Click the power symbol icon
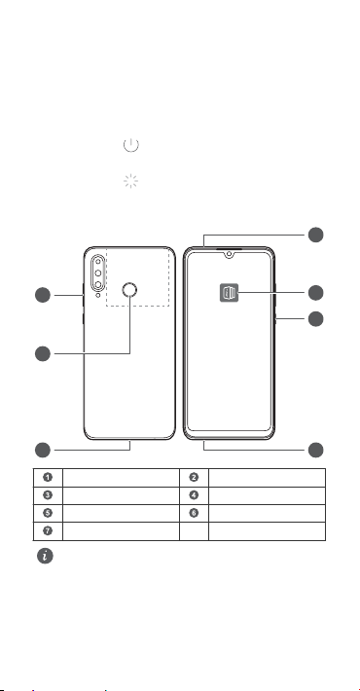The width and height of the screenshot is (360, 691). pos(131,145)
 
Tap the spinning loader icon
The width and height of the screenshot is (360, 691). pos(131,181)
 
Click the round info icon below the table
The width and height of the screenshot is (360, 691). pos(45,556)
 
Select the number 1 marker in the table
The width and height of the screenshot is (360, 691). pos(48,477)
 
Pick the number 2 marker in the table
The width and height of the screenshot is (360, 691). pos(194,477)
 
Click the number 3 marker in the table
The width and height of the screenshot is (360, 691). pos(48,495)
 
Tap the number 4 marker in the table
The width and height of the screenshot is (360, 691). pos(194,495)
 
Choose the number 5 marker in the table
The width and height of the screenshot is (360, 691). pos(48,513)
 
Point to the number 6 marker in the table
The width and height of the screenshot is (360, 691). pos(194,513)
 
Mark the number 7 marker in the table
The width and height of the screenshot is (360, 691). pos(48,530)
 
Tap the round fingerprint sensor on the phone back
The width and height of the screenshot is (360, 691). pos(129,289)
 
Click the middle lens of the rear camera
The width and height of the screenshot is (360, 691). pos(98,273)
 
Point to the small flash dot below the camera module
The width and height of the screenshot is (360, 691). pos(98,295)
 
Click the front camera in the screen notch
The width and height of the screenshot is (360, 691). pos(229,254)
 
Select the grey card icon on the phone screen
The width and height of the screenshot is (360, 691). pos(229,293)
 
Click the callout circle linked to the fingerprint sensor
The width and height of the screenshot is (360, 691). pos(43,353)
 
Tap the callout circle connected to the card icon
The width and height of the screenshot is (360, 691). pos(315,293)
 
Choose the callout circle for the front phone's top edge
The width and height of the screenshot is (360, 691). pos(315,235)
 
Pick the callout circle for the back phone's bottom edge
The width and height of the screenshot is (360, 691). pos(43,450)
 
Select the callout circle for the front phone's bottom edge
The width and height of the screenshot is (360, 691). pos(315,450)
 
